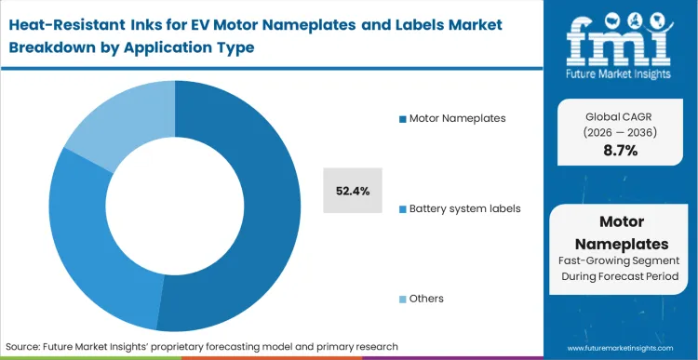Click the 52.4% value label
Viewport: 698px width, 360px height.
[353, 192]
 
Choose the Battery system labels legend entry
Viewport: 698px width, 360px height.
[464, 208]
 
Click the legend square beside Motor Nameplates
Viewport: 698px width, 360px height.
[403, 119]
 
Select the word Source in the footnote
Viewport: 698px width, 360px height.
[28, 346]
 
